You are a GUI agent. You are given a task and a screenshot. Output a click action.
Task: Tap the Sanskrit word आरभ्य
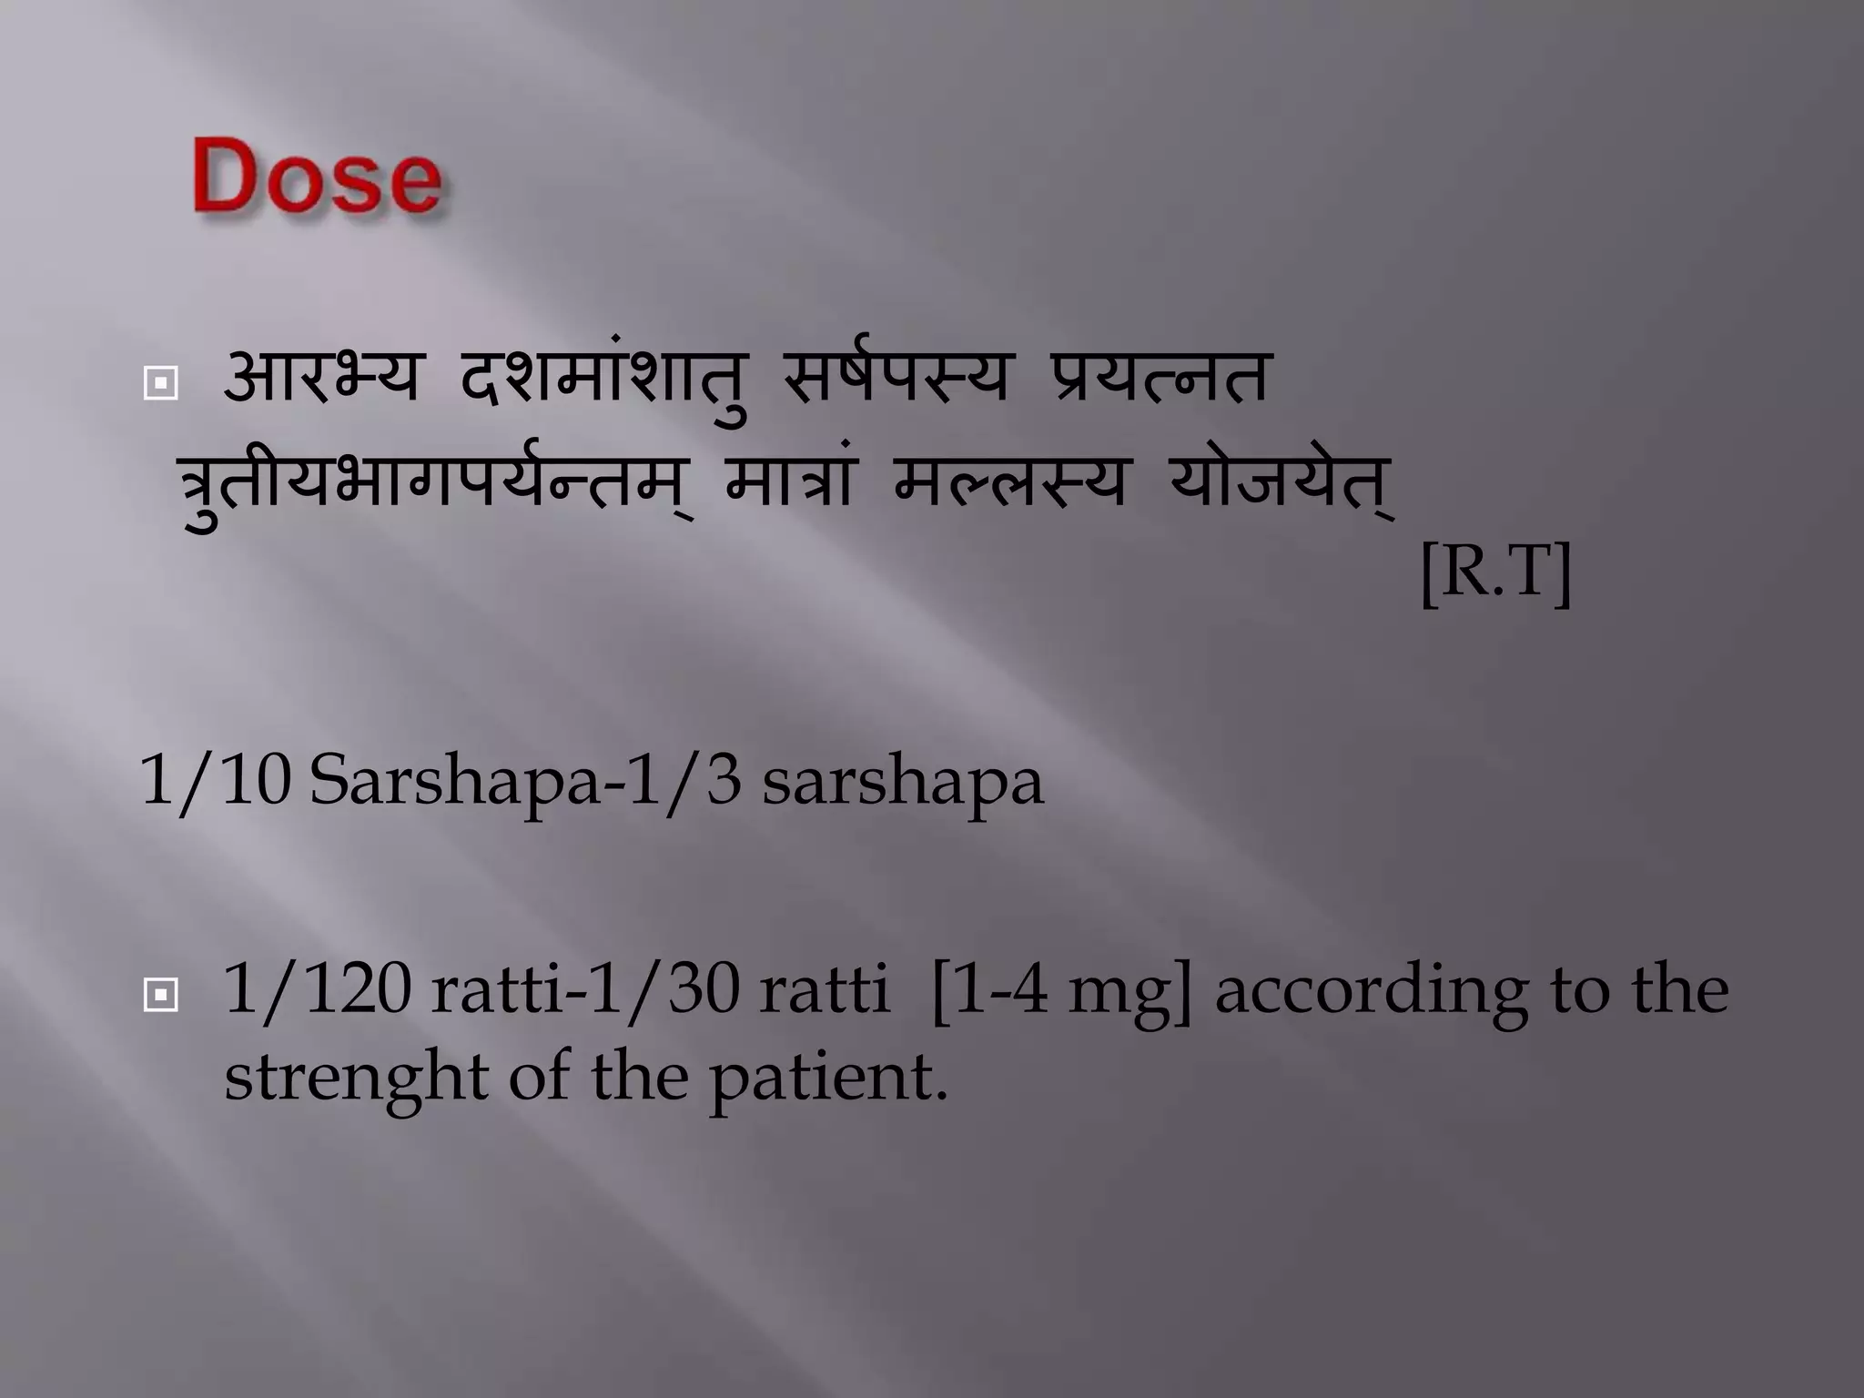(x=321, y=377)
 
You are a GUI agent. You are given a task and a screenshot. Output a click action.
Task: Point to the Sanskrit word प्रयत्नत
(x=1157, y=377)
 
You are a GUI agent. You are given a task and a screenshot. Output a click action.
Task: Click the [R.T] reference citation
(x=1495, y=574)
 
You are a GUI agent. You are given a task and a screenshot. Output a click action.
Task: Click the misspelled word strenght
(x=356, y=1078)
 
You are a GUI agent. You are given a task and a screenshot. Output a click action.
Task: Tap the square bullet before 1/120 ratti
(x=160, y=997)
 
